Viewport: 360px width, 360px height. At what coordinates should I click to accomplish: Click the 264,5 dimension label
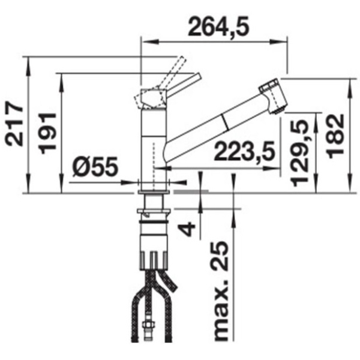(218, 26)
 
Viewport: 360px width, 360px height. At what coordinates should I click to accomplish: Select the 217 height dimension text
(14, 124)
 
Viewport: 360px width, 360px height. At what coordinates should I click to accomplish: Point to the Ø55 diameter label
(95, 166)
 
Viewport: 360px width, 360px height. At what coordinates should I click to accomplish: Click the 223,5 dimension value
(244, 152)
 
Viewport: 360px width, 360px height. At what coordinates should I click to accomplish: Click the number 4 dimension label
(187, 229)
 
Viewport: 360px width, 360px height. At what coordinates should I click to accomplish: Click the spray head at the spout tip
(273, 95)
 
